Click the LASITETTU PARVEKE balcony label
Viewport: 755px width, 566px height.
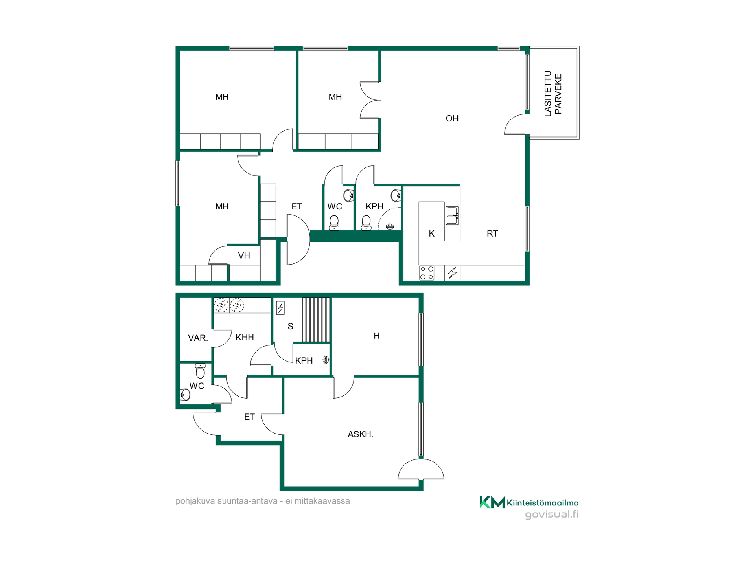click(x=553, y=94)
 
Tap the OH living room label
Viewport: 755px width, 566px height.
click(x=452, y=118)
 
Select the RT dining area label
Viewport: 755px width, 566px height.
click(x=492, y=233)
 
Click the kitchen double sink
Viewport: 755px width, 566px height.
click(x=452, y=215)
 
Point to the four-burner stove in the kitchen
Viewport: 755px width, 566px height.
click(x=427, y=273)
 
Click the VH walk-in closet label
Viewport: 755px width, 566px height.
click(x=244, y=255)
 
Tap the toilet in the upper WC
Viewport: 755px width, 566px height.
click(x=334, y=222)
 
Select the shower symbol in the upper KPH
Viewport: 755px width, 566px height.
click(x=390, y=226)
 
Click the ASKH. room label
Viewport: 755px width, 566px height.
click(x=360, y=434)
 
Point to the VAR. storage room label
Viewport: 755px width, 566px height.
click(x=198, y=338)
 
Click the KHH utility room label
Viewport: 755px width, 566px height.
click(x=245, y=337)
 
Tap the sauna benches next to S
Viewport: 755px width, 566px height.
click(x=315, y=320)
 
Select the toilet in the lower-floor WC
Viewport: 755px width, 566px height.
click(x=200, y=371)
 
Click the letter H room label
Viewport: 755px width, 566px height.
click(x=376, y=336)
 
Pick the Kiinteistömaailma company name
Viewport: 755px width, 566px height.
click(x=543, y=503)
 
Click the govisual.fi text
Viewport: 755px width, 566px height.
click(x=552, y=515)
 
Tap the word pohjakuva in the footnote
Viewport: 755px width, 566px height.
click(x=195, y=501)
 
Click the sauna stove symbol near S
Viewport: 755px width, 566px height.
click(x=280, y=308)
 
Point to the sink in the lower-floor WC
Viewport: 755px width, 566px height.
click(x=185, y=394)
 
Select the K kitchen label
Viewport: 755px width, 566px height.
click(x=431, y=233)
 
